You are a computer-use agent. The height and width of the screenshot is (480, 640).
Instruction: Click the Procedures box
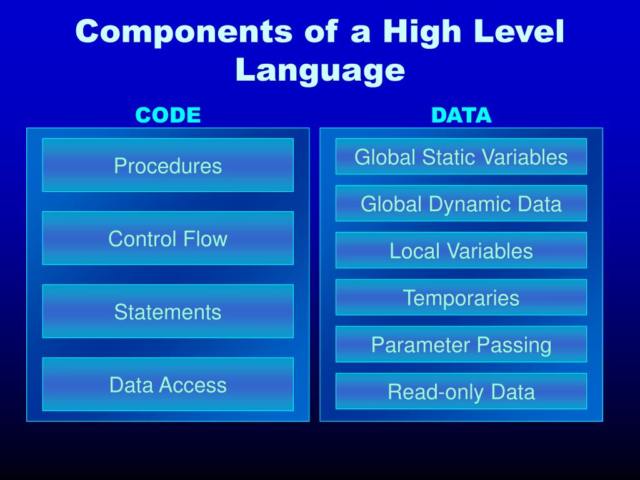pos(167,166)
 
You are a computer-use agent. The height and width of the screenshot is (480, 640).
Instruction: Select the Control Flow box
pos(167,238)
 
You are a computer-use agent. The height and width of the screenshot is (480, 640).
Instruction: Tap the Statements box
pos(167,311)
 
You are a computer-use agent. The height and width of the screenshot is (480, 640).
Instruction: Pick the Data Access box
pos(167,384)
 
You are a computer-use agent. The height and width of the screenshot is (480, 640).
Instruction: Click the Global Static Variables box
pos(461,156)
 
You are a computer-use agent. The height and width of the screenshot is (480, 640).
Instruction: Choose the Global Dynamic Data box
pos(461,204)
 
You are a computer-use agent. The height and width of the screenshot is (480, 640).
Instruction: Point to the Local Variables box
pos(461,251)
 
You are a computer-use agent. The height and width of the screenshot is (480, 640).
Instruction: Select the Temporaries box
pos(461,297)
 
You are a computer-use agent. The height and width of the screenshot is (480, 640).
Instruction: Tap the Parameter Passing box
pos(461,344)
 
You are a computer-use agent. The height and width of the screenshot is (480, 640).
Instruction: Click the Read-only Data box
pos(461,392)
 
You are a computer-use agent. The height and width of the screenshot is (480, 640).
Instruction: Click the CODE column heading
pos(168,115)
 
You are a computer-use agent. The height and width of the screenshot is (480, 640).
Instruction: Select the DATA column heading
pos(462,115)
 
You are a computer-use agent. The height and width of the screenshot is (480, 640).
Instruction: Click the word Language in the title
pos(320,70)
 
